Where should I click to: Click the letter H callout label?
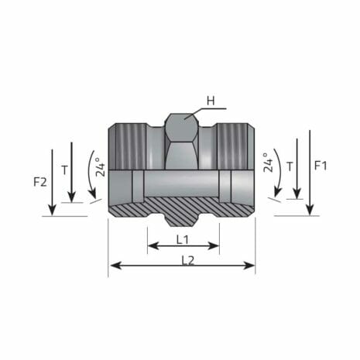click(209, 101)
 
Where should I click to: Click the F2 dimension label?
click(40, 183)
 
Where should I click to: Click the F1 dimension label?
click(321, 165)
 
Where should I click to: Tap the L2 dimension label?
click(187, 259)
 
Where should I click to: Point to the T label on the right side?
click(290, 165)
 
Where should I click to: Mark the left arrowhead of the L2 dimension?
click(113, 266)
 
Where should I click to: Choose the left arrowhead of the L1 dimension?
click(150, 247)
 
